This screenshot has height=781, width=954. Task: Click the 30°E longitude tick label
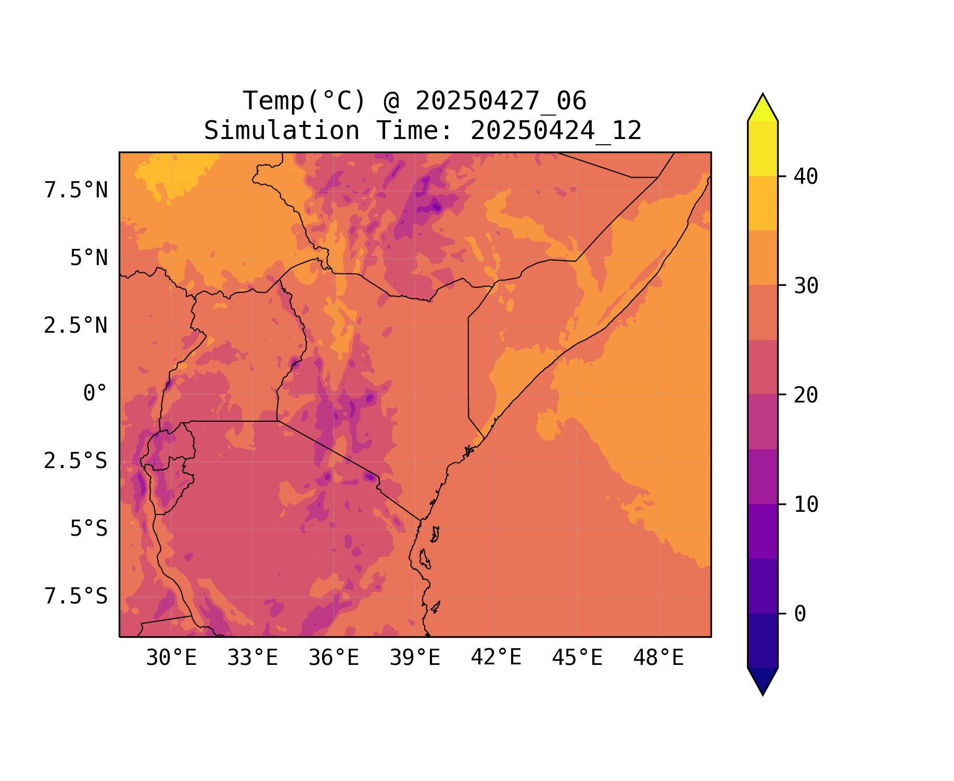(171, 658)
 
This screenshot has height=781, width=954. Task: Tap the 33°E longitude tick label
(252, 658)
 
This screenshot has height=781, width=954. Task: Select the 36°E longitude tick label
(334, 658)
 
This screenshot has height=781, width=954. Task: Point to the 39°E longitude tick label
(415, 658)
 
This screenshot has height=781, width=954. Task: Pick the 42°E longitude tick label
(496, 658)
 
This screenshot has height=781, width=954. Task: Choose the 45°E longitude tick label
(577, 658)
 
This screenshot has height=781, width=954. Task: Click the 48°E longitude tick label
(658, 658)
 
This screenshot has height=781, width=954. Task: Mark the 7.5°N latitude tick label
(76, 191)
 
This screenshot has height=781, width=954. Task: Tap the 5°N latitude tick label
(89, 258)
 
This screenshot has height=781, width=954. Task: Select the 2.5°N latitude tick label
(76, 326)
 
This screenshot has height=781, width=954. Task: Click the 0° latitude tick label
(95, 394)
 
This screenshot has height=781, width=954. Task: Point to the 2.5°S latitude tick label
(76, 461)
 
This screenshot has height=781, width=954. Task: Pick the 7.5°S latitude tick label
(76, 597)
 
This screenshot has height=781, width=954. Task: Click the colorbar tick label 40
(806, 177)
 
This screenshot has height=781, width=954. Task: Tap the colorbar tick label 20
(806, 395)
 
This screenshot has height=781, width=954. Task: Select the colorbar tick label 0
(800, 614)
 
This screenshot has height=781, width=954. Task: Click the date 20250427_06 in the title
(501, 101)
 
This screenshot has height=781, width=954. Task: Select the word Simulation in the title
(282, 131)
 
